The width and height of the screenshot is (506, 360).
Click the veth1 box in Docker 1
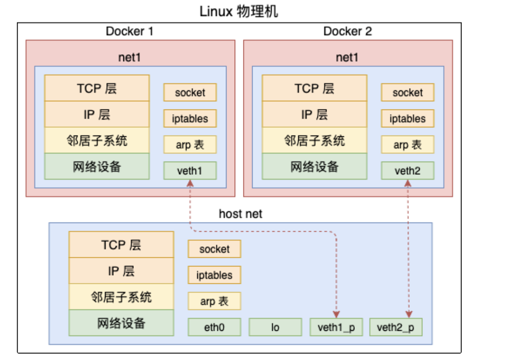click(190, 171)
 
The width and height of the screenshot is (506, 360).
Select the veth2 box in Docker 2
click(407, 171)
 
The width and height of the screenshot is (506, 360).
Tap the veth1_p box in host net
click(336, 327)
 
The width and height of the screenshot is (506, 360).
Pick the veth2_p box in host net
click(395, 327)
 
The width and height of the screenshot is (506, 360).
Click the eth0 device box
click(214, 327)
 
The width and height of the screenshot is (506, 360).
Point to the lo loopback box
click(275, 327)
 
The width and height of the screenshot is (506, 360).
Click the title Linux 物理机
click(239, 11)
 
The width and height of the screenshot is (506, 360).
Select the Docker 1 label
click(130, 31)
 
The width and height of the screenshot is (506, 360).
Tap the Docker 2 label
click(348, 31)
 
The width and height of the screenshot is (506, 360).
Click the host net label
click(241, 214)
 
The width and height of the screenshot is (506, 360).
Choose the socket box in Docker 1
click(190, 93)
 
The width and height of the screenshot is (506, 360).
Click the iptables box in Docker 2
click(407, 119)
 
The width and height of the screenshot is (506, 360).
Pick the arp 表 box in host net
click(214, 301)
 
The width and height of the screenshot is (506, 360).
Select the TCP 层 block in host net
click(121, 245)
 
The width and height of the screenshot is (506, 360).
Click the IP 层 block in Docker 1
click(97, 114)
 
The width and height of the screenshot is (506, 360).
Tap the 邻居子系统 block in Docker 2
click(314, 140)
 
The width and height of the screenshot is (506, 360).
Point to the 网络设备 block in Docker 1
click(97, 166)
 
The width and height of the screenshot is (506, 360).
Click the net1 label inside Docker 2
click(348, 57)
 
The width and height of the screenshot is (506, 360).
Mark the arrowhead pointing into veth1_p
click(336, 314)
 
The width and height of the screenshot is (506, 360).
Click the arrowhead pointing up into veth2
click(408, 183)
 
